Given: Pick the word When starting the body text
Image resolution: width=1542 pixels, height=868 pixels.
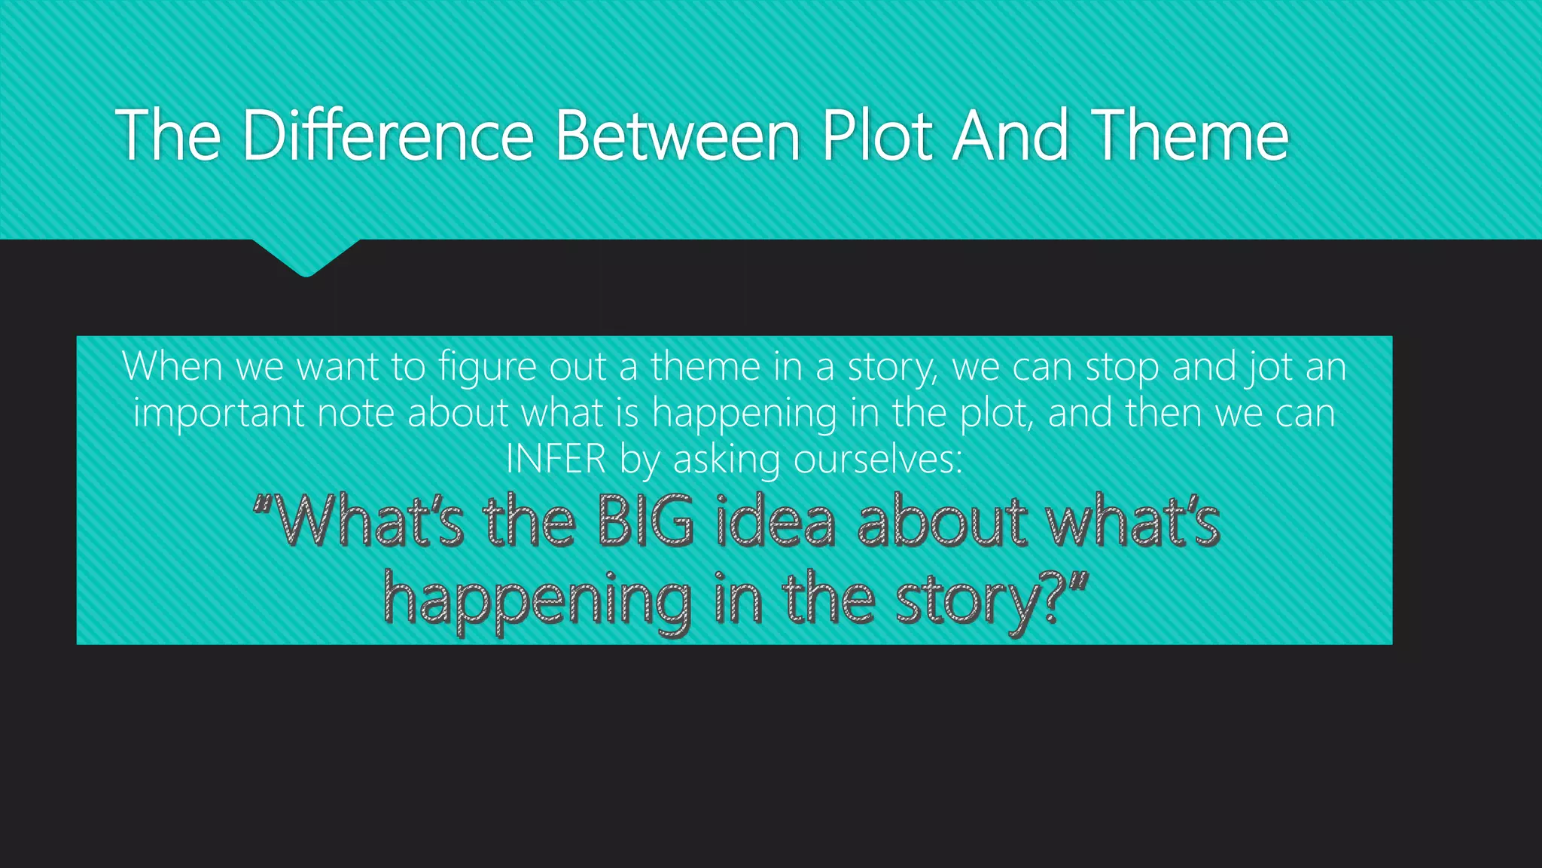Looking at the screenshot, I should coord(172,367).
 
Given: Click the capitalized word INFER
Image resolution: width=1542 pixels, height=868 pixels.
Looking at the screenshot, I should coord(556,459).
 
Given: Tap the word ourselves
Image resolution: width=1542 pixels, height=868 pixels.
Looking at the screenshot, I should coord(877,459).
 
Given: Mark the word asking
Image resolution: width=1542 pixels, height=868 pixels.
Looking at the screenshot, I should coord(726,460).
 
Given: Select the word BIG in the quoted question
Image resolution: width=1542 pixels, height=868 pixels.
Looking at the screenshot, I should coord(646,521).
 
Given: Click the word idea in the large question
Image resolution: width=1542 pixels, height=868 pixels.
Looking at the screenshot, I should coord(776,521).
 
